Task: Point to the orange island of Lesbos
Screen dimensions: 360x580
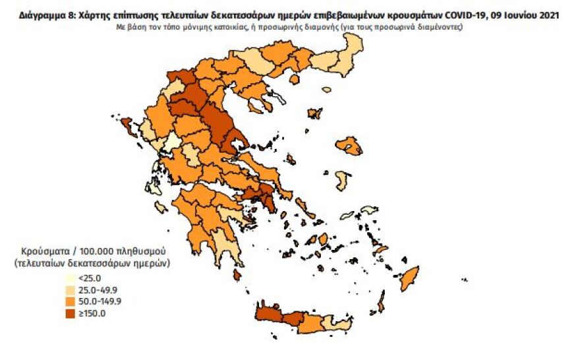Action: pyautogui.click(x=349, y=146)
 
